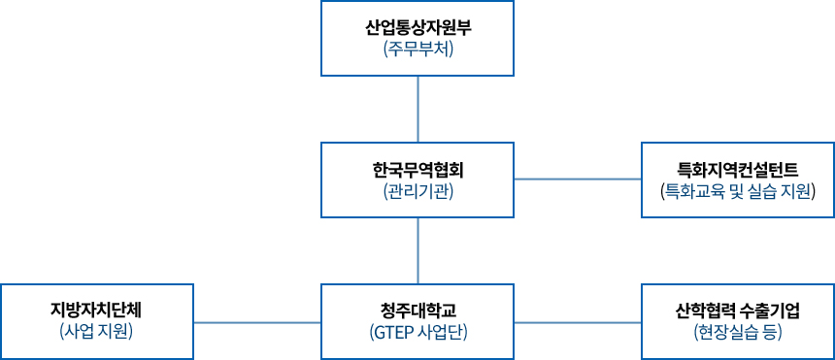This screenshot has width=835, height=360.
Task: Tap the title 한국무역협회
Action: click(417, 169)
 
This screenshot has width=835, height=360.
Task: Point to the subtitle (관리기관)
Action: click(417, 191)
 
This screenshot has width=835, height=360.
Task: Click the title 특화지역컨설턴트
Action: click(738, 169)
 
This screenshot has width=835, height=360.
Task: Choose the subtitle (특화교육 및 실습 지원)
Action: click(738, 191)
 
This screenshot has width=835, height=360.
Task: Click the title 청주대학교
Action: click(417, 311)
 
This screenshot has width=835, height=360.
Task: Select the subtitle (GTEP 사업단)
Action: click(417, 333)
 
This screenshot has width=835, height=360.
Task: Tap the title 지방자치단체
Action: click(97, 311)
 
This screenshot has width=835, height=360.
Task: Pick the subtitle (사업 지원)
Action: click(97, 333)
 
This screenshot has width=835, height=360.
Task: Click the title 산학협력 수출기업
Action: click(738, 311)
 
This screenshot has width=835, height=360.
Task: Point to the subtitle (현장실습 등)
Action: click(738, 333)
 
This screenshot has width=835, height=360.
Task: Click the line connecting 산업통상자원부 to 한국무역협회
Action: click(417, 109)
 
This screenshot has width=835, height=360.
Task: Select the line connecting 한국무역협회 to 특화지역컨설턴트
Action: click(578, 180)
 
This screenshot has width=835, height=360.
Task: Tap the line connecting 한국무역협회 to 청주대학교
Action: click(417, 250)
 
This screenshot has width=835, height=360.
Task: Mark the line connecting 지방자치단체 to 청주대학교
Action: click(257, 321)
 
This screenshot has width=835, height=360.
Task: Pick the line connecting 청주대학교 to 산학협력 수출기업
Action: click(578, 321)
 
